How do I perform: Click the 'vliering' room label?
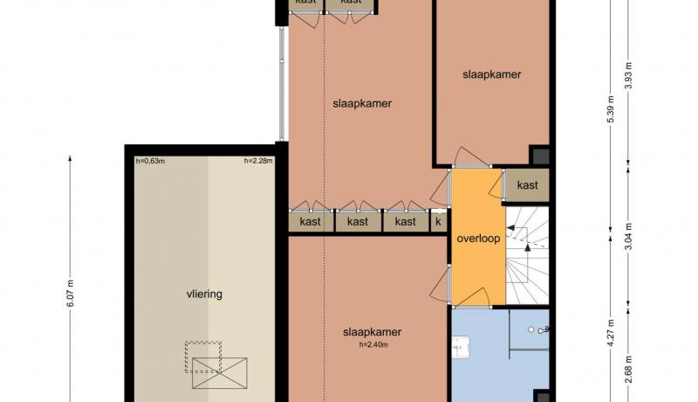[x=204, y=295]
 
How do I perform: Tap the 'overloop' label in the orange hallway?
[x=478, y=239]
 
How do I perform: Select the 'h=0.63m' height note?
[x=150, y=161]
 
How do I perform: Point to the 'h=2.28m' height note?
[x=258, y=161]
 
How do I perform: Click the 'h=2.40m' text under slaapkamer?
[x=373, y=344]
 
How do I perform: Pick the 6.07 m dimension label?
[x=70, y=294]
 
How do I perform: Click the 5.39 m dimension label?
[x=611, y=109]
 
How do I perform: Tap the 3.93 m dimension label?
[x=628, y=75]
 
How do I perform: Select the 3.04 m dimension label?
[x=628, y=236]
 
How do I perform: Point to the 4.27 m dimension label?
[x=611, y=332]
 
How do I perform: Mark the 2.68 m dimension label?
[x=628, y=369]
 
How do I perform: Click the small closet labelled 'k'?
[x=439, y=221]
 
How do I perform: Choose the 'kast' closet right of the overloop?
[x=527, y=185]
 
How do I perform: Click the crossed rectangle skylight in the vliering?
[x=220, y=373]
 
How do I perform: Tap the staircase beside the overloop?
[x=528, y=255]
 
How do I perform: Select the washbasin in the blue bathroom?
[x=461, y=348]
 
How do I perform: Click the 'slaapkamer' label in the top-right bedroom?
[x=491, y=74]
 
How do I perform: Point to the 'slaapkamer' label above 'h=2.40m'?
[x=373, y=332]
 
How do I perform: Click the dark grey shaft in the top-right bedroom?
[x=541, y=156]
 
